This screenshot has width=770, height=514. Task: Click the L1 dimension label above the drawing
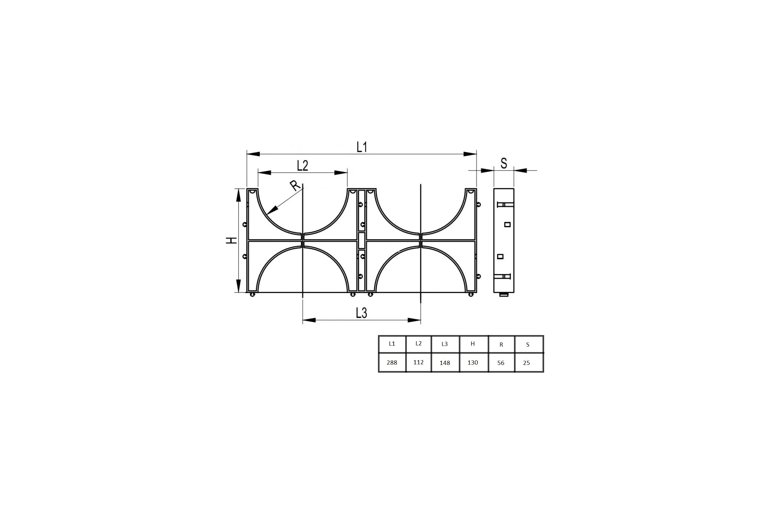[362, 147]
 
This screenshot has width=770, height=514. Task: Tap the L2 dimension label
[303, 166]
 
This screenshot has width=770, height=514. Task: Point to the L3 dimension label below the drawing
[362, 313]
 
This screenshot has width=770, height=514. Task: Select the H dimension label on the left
[231, 240]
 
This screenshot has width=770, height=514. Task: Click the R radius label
[295, 186]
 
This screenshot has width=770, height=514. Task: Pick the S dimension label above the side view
[504, 163]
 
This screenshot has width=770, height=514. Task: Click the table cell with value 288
[392, 363]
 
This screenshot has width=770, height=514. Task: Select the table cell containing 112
[418, 362]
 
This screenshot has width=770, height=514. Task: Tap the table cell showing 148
[445, 363]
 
